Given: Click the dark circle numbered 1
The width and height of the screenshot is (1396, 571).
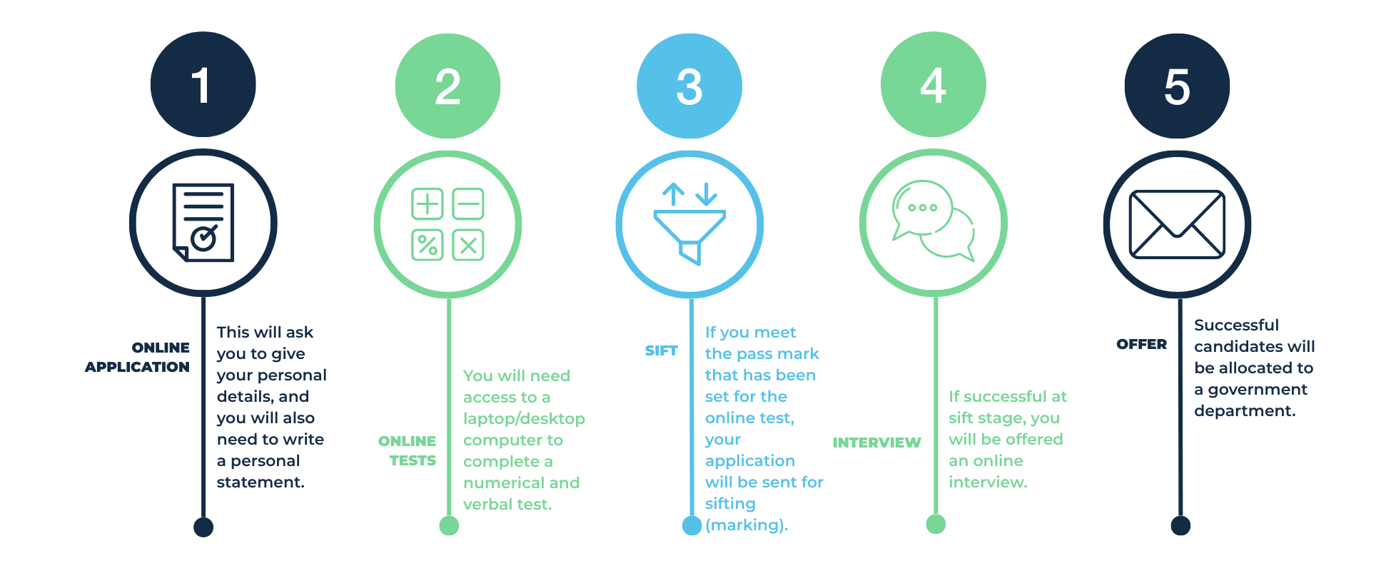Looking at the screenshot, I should click(203, 84).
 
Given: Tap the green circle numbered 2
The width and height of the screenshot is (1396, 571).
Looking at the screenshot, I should click(447, 86).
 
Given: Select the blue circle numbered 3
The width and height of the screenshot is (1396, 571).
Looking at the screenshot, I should click(689, 86).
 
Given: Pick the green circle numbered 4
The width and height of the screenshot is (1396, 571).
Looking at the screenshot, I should click(934, 84).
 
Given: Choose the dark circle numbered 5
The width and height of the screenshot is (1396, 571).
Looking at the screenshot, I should click(1178, 86).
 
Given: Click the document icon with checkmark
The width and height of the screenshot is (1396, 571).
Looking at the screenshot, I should click(203, 223).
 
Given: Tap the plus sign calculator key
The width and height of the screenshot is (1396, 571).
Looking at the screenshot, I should click(428, 204).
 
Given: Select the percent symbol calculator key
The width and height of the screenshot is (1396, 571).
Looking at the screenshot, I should click(428, 246).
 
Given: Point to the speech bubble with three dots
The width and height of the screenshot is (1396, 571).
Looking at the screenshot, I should click(922, 208).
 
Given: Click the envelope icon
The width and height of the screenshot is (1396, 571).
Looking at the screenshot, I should click(1177, 224).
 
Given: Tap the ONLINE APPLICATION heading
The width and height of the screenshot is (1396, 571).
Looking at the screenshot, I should click(138, 357).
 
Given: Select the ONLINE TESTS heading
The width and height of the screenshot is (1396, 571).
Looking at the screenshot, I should click(408, 450).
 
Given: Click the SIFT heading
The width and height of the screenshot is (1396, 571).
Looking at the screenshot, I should click(661, 350).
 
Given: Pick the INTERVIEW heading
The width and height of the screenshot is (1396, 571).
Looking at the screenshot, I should click(876, 443).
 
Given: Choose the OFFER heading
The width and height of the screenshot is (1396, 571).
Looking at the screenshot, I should click(1141, 344).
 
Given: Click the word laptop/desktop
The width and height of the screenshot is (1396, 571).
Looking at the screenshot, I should click(524, 418).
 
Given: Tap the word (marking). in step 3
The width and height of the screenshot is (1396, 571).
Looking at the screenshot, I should click(747, 525).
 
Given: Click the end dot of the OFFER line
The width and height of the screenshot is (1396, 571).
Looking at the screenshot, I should click(1180, 526).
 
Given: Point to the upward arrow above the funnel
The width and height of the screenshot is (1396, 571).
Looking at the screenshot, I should click(673, 194).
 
